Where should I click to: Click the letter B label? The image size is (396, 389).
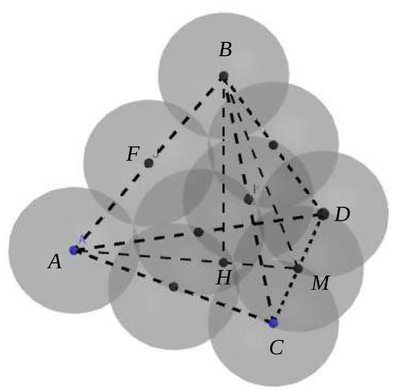(226, 50)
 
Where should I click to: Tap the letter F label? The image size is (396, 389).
(133, 154)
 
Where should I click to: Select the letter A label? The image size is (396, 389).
(55, 261)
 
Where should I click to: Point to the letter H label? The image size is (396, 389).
(224, 278)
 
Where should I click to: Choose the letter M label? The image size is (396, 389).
(321, 283)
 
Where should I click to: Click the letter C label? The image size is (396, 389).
(276, 348)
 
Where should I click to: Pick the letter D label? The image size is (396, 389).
(342, 215)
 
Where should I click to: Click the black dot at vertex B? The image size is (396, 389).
(223, 76)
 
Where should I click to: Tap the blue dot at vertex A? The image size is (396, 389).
(75, 250)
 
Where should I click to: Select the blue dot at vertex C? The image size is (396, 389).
(273, 323)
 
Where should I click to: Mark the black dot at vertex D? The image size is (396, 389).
(323, 214)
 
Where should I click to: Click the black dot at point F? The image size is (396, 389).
(149, 163)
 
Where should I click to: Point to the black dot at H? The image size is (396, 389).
(224, 262)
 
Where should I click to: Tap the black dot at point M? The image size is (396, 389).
(298, 268)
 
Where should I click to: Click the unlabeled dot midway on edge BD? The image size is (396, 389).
(273, 145)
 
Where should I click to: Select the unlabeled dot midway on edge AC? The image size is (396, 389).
(173, 286)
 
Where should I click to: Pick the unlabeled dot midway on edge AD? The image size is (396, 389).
(199, 232)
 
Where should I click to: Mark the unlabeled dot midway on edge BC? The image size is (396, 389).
(249, 200)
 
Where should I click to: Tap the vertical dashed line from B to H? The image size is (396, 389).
(223, 169)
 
